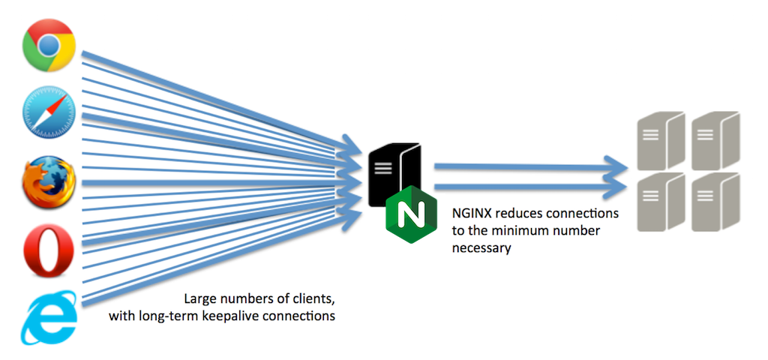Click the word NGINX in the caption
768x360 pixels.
(x=474, y=214)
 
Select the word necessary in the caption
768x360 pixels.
(x=481, y=247)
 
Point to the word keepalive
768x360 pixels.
(x=242, y=316)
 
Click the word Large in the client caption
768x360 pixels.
(x=200, y=299)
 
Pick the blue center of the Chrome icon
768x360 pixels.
(x=49, y=45)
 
